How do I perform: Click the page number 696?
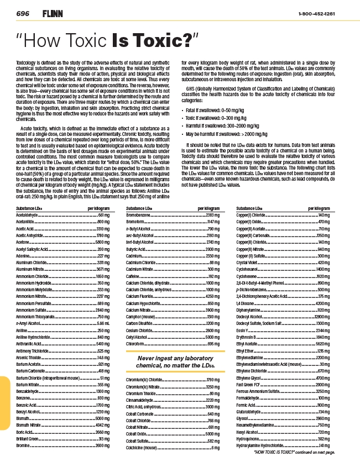pos(23,12)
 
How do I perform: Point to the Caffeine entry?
pos(133,275)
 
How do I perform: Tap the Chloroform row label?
pos(136,344)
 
